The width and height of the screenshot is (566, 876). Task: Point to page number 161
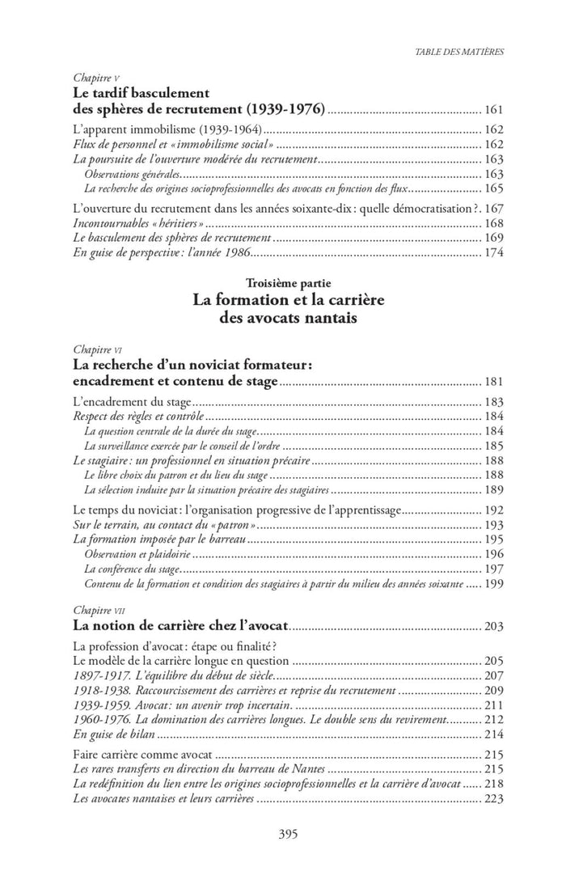tap(493, 109)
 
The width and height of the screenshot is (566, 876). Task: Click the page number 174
tap(493, 253)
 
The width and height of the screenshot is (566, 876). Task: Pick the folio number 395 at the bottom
tap(283, 834)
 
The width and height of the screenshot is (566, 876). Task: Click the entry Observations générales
tap(132, 175)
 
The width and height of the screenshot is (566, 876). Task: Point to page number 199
tap(493, 583)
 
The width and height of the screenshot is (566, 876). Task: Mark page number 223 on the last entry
tap(493, 799)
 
